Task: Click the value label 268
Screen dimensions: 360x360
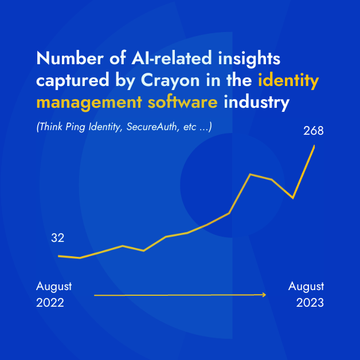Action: click(x=314, y=131)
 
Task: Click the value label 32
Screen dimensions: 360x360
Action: click(x=57, y=238)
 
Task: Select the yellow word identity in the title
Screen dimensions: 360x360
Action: click(x=288, y=81)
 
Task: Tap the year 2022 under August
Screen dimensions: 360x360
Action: click(x=50, y=303)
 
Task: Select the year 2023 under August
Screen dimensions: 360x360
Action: click(x=310, y=303)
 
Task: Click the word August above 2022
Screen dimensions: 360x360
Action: click(x=54, y=286)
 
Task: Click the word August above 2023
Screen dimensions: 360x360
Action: click(x=306, y=286)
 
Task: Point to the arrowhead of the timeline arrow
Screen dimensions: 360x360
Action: click(x=264, y=295)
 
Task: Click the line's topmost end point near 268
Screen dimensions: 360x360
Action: click(x=315, y=146)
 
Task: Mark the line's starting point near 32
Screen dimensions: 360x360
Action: click(x=59, y=256)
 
